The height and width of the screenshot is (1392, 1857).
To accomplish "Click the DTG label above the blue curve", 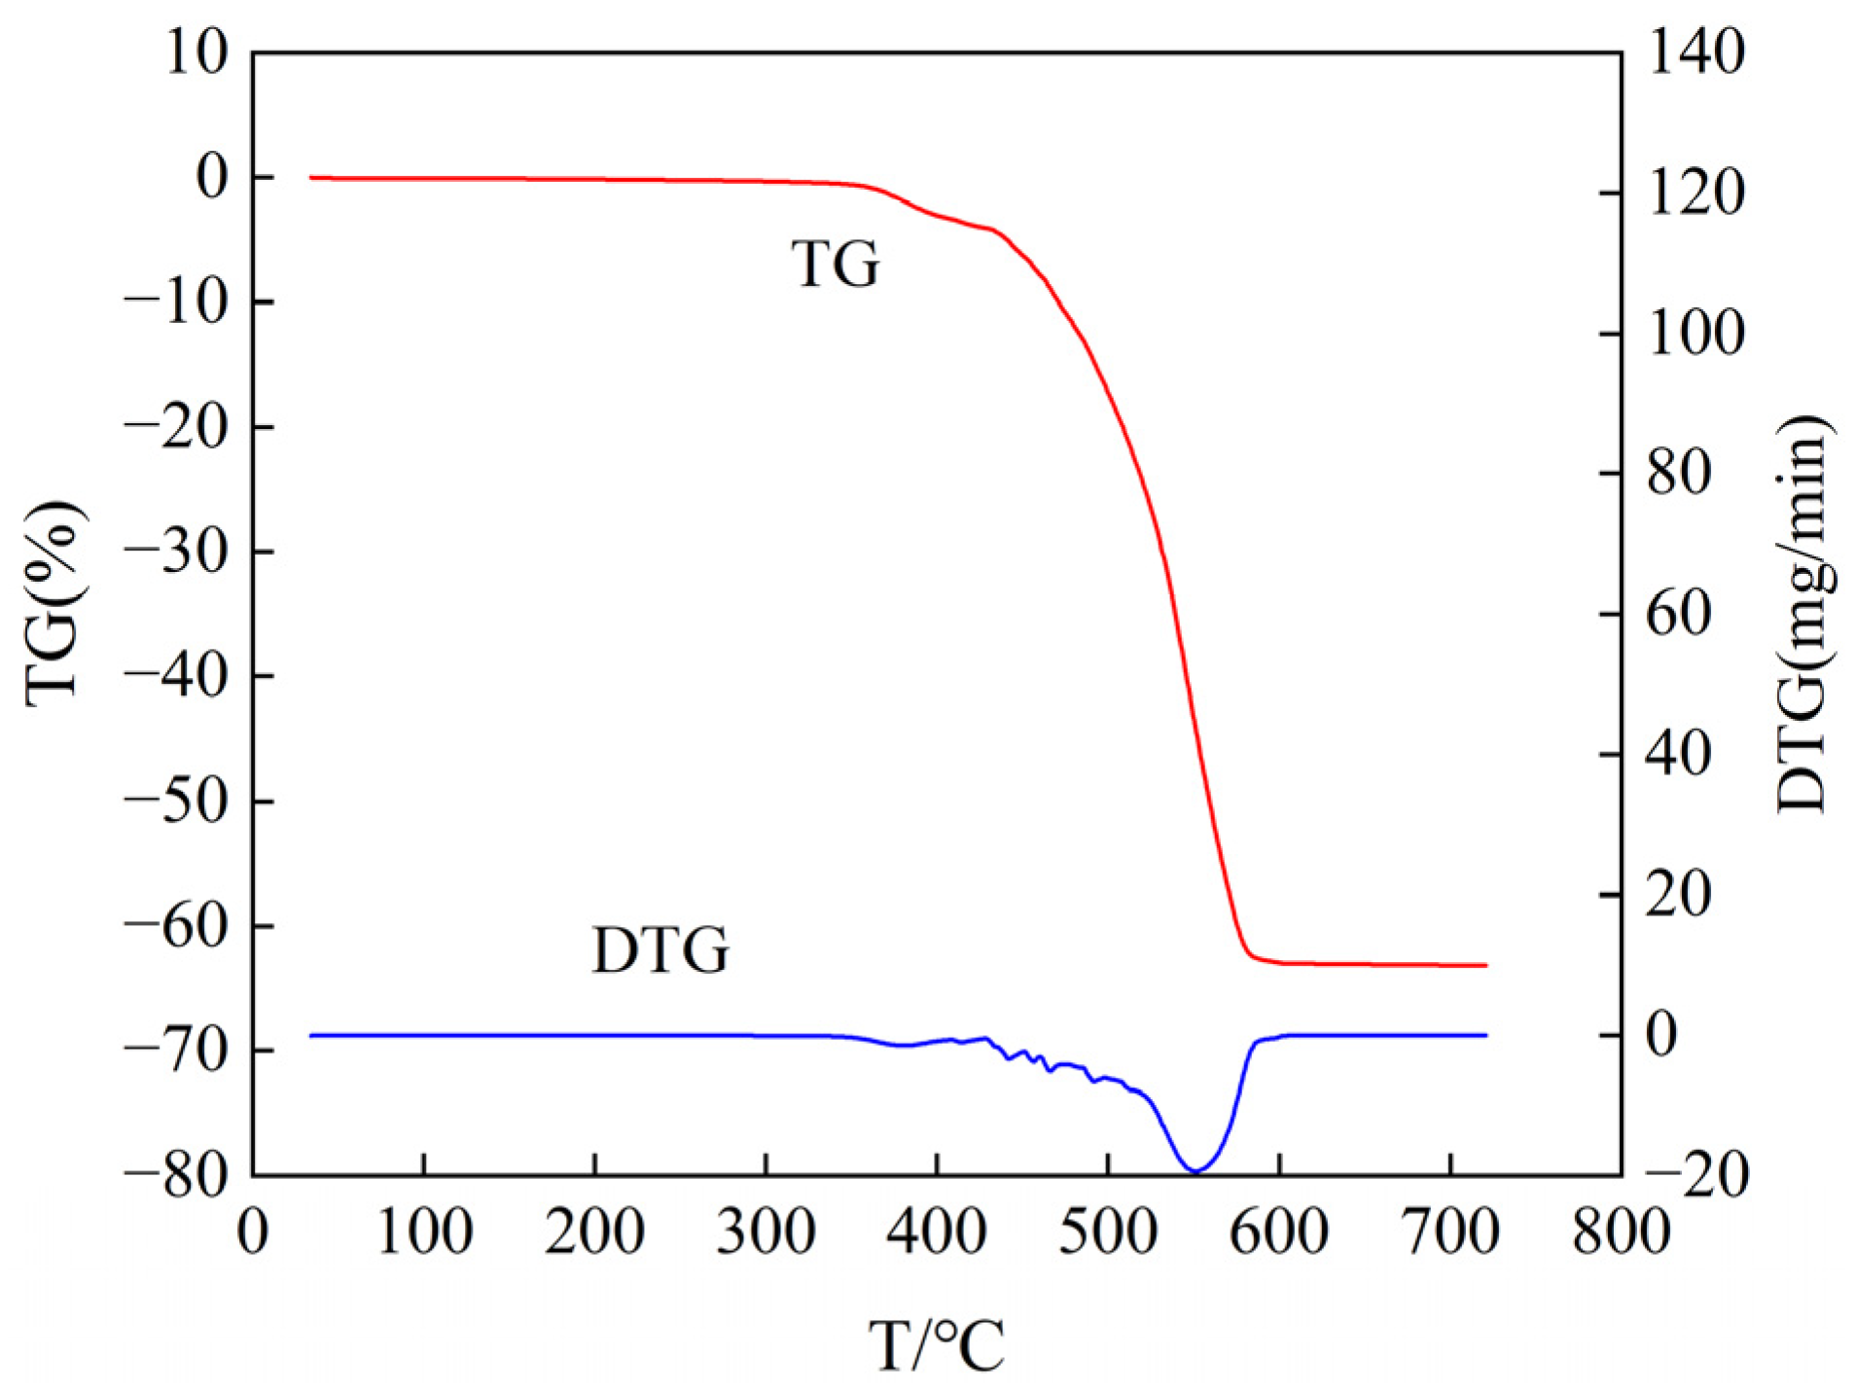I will (661, 950).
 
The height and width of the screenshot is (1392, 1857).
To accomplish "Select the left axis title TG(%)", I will (54, 604).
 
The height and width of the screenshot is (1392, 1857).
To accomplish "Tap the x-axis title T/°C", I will (936, 1346).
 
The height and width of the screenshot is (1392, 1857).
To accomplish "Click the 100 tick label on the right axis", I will (1696, 333).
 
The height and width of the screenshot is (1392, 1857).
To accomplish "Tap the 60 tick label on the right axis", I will (1678, 614).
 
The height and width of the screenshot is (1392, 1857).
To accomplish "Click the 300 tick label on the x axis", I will (766, 1231).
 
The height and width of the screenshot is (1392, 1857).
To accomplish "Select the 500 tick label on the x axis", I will (1108, 1231).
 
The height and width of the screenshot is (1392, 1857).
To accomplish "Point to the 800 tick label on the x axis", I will (1621, 1231).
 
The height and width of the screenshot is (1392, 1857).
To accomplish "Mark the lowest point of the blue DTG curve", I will (1196, 1171).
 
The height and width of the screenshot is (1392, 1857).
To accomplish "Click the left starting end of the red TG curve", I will (310, 178).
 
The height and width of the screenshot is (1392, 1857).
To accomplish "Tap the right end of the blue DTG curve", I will (1486, 1035).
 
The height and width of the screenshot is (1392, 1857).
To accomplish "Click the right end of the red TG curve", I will (1486, 965).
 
